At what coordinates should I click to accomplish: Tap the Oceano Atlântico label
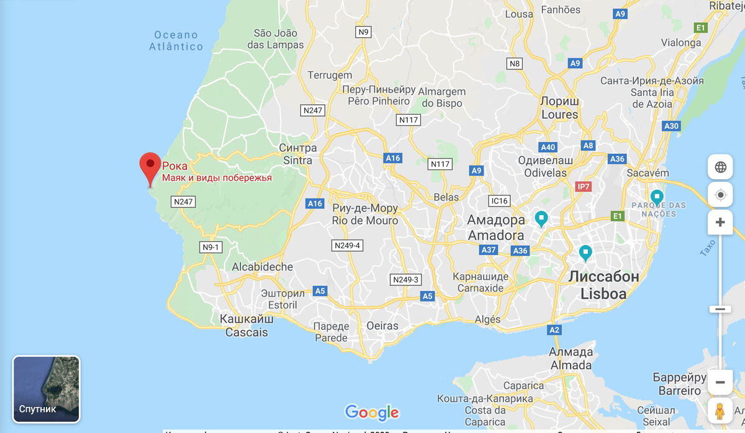click(x=176, y=40)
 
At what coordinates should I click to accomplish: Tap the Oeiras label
click(x=382, y=326)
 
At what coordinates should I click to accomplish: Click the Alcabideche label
click(x=262, y=267)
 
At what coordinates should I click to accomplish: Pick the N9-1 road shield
click(x=212, y=247)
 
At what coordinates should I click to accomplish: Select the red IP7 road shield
click(x=584, y=186)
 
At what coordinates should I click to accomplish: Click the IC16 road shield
click(x=499, y=201)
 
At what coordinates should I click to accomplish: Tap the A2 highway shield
click(x=555, y=329)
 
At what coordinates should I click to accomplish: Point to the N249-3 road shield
click(x=405, y=280)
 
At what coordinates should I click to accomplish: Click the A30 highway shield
click(x=671, y=126)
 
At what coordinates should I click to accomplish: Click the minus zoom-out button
click(x=720, y=382)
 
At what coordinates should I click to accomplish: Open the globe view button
click(x=720, y=167)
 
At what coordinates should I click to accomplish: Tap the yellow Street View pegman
click(x=720, y=411)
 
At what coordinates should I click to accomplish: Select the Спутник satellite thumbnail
click(x=47, y=389)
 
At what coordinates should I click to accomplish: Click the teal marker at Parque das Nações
click(x=656, y=197)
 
